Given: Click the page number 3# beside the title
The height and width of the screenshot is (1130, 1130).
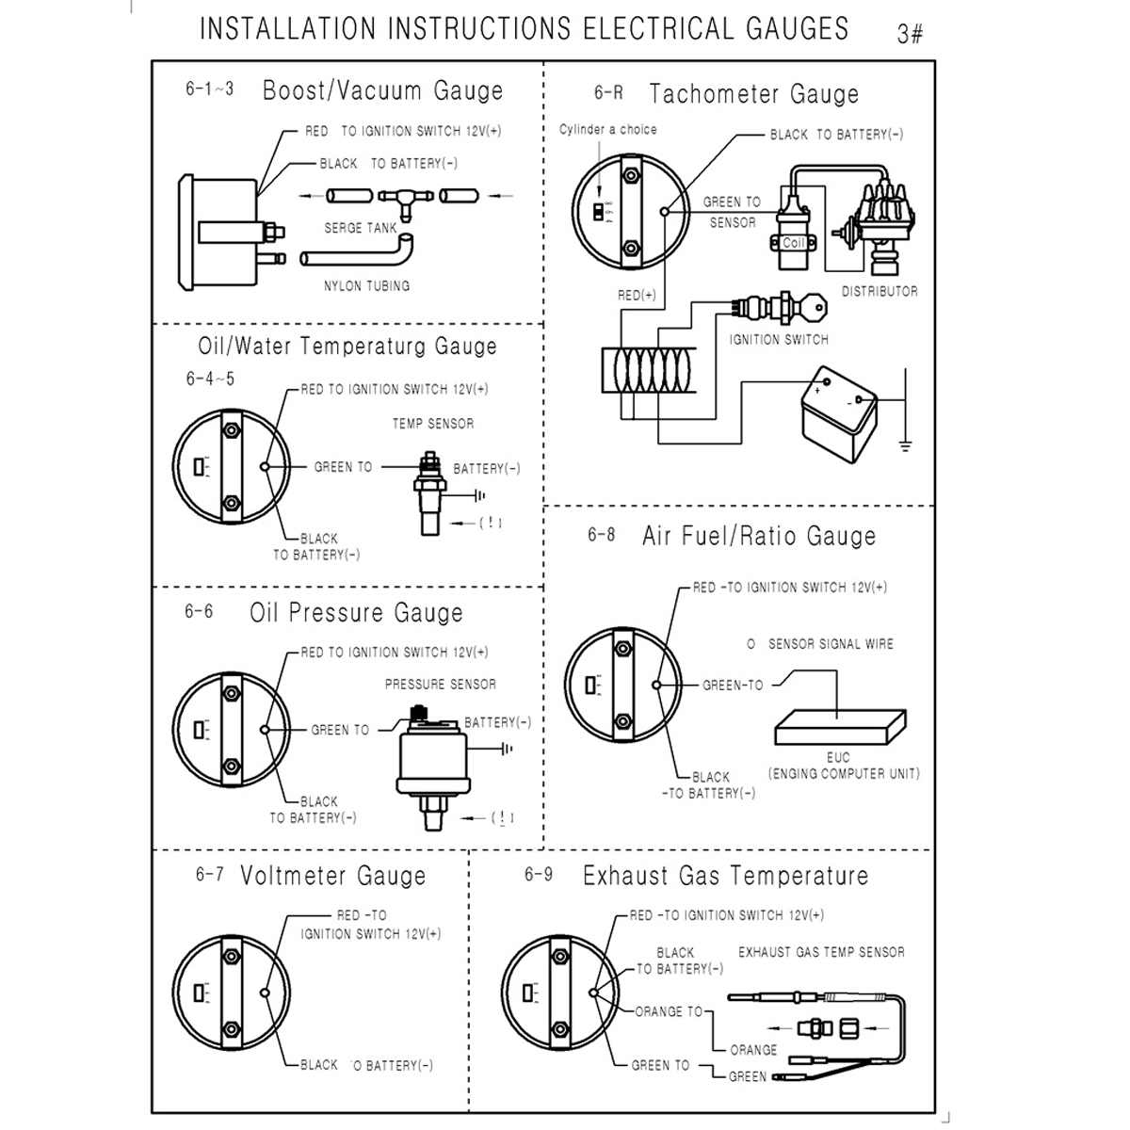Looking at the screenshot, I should tap(910, 35).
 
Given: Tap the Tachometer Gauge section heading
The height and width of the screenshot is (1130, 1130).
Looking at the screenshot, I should tap(753, 94).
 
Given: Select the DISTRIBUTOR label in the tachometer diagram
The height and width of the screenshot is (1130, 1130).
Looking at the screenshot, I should tap(880, 292).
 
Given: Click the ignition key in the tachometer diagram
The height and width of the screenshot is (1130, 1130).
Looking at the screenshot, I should tap(815, 305).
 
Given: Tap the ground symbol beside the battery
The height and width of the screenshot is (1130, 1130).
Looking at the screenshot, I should tap(905, 444).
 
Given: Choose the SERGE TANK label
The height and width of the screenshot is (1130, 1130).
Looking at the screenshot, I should tap(361, 228).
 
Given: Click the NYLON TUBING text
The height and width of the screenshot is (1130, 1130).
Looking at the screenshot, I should tap(366, 285).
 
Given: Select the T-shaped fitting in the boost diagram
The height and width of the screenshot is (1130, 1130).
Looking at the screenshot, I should tap(403, 198).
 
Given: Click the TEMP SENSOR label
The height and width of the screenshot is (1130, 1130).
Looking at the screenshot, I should tap(433, 424).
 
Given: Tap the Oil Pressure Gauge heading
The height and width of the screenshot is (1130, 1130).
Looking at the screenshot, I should tap(356, 613).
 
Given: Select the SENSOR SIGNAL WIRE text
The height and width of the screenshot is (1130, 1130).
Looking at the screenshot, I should tap(831, 644).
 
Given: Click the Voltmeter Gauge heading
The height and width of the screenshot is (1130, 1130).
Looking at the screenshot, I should tap(332, 876).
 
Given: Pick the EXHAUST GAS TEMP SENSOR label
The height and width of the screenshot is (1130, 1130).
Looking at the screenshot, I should tap(821, 952).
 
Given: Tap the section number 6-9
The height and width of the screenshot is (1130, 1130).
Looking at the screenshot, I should tap(539, 875).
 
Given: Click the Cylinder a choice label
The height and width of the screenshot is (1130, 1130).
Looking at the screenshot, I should tap(608, 129).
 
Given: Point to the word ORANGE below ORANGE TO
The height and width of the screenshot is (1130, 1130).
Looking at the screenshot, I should tap(753, 1050).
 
